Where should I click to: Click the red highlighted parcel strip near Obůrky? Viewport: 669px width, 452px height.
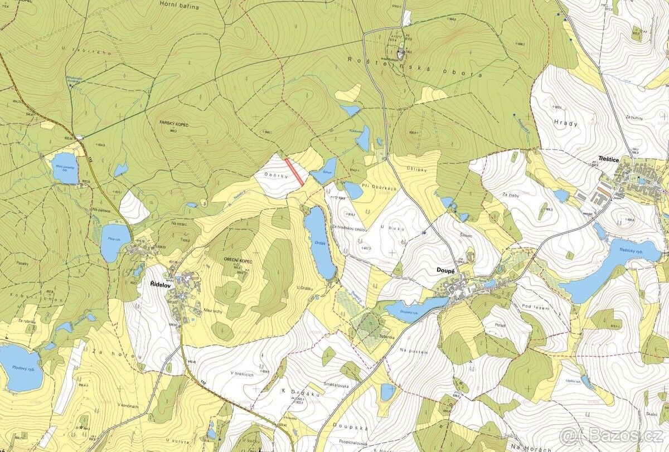(x=294, y=172)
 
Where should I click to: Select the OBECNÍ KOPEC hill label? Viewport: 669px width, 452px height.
(x=237, y=261)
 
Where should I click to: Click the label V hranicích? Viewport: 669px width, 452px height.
(x=241, y=375)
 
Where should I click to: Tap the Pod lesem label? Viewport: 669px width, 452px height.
(x=532, y=306)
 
